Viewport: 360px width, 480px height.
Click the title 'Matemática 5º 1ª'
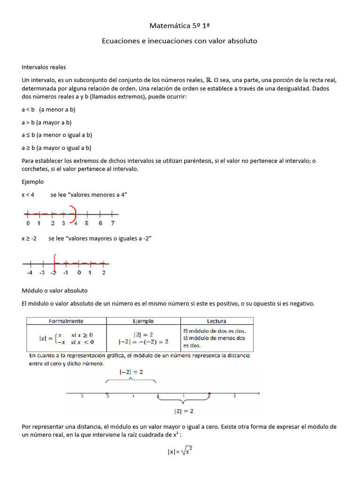point(180,24)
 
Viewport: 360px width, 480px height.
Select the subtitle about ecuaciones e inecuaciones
point(180,41)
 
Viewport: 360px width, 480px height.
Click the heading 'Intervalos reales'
point(44,67)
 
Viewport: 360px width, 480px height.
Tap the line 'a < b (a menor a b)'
point(48,109)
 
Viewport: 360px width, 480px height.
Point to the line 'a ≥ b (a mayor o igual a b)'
point(56,148)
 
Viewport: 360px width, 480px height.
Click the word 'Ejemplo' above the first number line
point(32,181)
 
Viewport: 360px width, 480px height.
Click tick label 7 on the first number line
point(112,224)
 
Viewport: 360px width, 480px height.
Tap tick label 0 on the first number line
point(28,224)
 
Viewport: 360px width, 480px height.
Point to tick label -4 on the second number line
point(30,272)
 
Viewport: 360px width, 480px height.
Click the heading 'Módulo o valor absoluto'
point(54,291)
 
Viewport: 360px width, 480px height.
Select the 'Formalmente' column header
point(66,321)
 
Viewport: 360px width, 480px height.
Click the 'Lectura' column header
point(217,321)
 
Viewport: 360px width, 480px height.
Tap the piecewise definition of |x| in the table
point(66,338)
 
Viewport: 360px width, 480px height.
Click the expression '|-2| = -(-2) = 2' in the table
point(143,342)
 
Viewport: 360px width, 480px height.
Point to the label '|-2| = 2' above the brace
point(131,371)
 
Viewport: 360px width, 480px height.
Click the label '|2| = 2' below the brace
point(184,412)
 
